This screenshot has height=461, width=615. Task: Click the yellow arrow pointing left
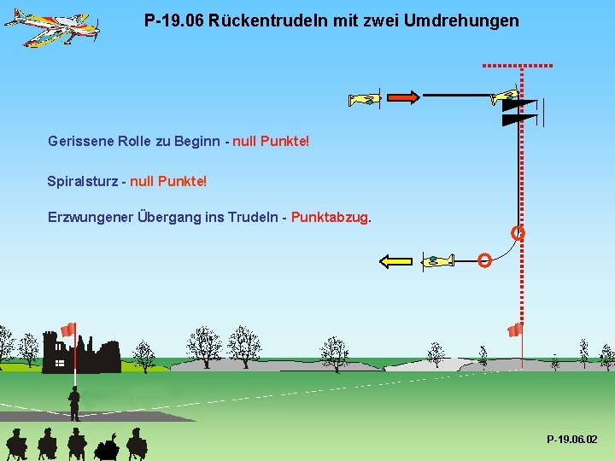pos(395,261)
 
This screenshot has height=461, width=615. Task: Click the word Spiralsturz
pos(82,181)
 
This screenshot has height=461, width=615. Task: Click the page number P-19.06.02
pos(571,439)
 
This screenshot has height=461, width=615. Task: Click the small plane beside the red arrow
pos(365,99)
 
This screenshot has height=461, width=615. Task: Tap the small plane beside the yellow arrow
pos(437,260)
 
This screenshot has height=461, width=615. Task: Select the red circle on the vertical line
pos(518,232)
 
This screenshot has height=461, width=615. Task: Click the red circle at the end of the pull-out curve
pos(484,260)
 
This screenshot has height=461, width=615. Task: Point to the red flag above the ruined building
pos(69,329)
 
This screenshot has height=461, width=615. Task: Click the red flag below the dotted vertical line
pos(514,330)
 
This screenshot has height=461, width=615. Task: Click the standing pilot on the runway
pos(74,403)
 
